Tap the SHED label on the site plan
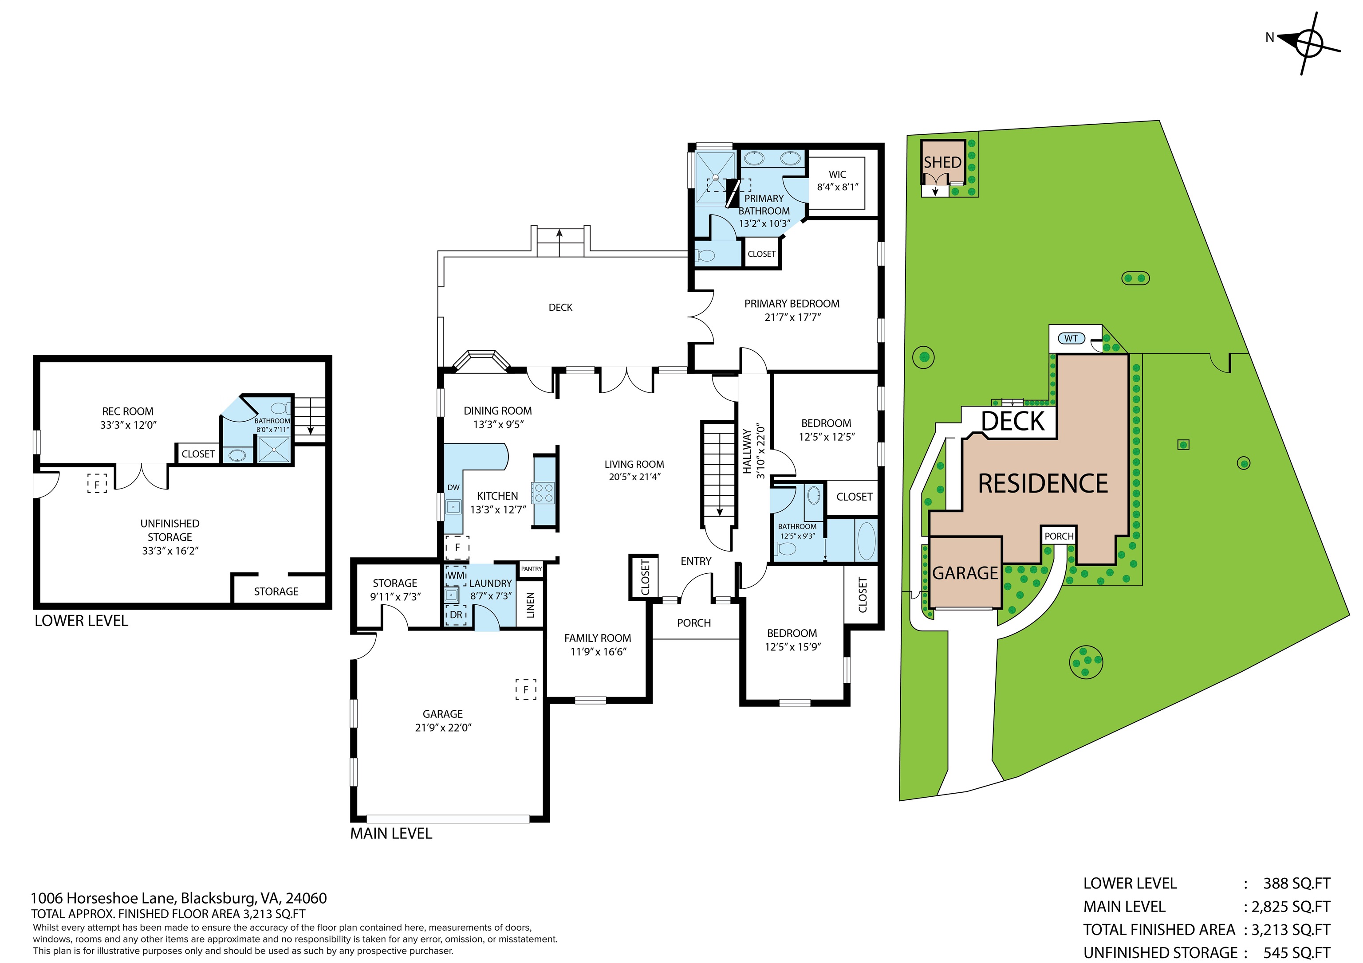(942, 162)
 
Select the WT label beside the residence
(1071, 338)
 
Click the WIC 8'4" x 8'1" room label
(837, 180)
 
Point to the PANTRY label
(531, 568)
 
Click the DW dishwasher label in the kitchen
(453, 487)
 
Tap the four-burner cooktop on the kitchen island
(544, 493)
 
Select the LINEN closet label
(531, 605)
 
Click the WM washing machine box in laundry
(456, 575)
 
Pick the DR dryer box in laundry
(456, 615)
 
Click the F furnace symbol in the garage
(525, 689)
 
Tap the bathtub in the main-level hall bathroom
(867, 540)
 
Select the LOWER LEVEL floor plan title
(81, 621)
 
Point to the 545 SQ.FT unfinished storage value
(1296, 952)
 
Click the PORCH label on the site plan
(1059, 536)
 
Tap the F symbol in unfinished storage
(97, 484)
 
